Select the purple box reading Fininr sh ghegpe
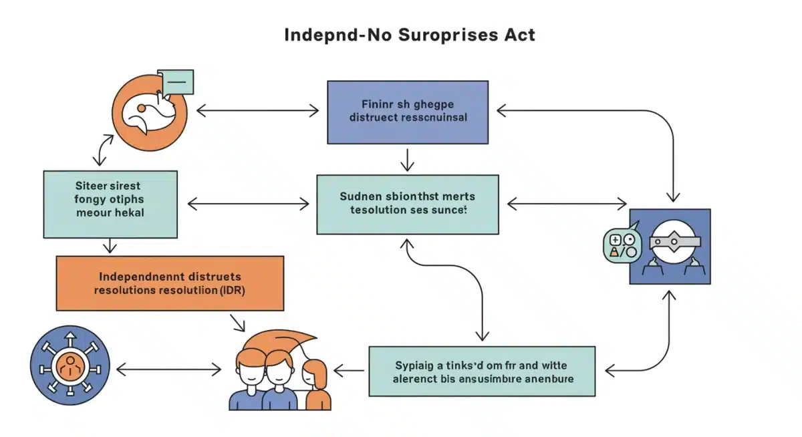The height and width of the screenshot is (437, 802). (407, 112)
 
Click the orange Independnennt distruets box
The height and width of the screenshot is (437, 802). (170, 283)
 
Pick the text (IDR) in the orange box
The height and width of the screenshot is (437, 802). (227, 291)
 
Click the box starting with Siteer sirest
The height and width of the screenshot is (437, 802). (110, 204)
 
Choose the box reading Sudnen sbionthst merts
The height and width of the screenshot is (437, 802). (407, 204)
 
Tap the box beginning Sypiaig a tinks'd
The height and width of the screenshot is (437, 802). (481, 371)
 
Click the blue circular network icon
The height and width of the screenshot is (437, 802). (70, 366)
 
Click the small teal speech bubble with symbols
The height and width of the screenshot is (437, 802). (622, 243)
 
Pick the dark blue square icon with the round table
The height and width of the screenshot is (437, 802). (670, 246)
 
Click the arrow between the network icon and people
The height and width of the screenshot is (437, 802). (168, 369)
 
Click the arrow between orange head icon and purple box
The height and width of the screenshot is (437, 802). (257, 111)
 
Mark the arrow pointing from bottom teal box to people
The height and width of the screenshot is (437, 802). (349, 369)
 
